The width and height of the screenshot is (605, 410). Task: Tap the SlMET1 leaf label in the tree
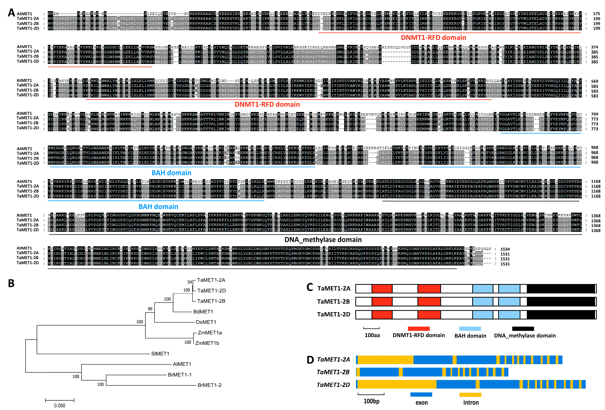(160, 354)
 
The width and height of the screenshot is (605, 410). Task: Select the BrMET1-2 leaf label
(209, 385)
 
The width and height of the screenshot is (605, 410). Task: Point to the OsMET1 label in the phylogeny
(206, 322)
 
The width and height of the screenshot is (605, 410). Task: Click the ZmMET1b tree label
(207, 343)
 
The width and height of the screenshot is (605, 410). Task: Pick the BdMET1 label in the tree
(203, 312)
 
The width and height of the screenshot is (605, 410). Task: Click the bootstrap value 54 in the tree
(189, 282)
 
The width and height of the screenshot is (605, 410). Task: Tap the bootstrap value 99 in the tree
(150, 309)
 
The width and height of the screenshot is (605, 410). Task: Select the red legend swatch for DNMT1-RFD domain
(419, 329)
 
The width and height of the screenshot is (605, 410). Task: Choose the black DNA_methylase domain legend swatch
(523, 329)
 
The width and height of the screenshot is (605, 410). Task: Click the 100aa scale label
(372, 335)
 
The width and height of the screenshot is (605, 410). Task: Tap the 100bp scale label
(371, 401)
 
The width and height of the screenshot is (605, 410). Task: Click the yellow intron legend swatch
(470, 395)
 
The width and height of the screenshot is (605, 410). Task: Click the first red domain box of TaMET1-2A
(382, 289)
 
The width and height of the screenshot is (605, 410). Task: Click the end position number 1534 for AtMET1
(505, 249)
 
